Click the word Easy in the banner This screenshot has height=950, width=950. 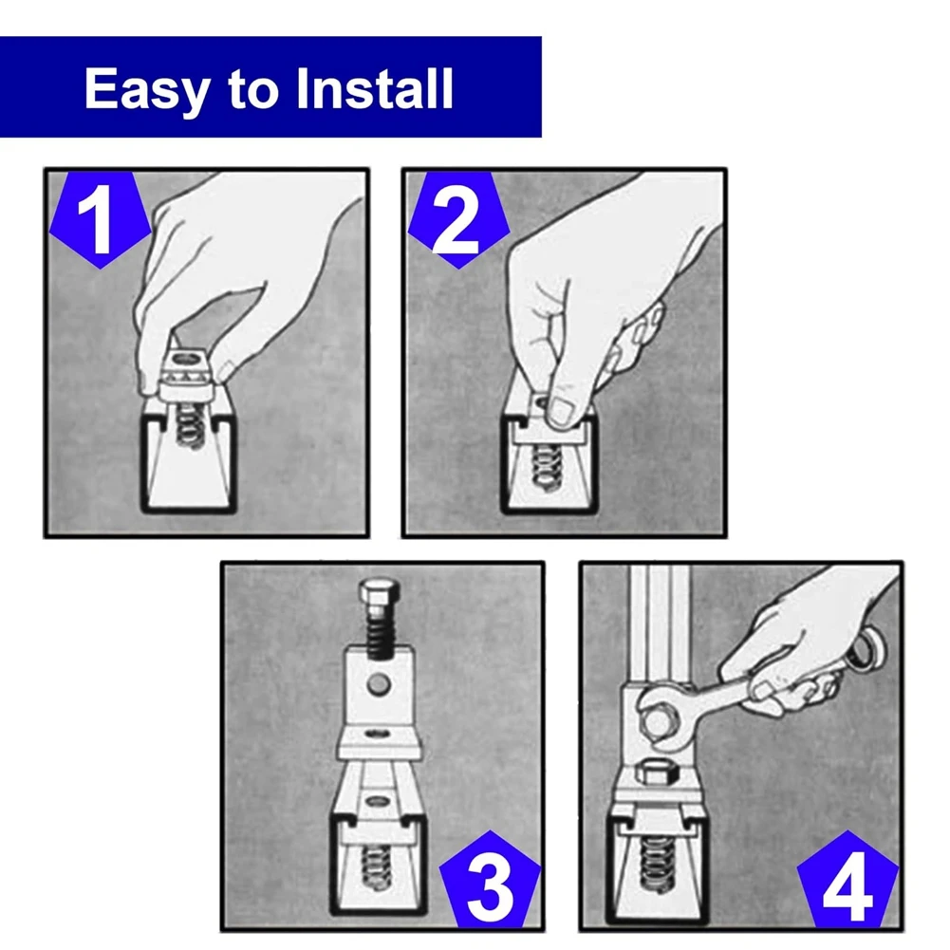click(148, 89)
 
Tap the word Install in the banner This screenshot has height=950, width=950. click(375, 88)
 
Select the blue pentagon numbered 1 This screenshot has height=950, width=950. click(100, 218)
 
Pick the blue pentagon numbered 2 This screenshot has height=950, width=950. click(458, 218)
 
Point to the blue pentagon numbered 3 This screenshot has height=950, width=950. click(489, 880)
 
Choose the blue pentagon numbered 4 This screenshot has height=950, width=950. click(848, 880)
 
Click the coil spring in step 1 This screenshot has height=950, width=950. click(190, 426)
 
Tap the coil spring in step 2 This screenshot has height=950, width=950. click(547, 467)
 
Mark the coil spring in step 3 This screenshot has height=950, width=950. click(375, 867)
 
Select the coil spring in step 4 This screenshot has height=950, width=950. click(656, 864)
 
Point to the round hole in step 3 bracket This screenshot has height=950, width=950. click(379, 684)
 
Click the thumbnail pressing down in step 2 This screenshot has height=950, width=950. click(559, 411)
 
